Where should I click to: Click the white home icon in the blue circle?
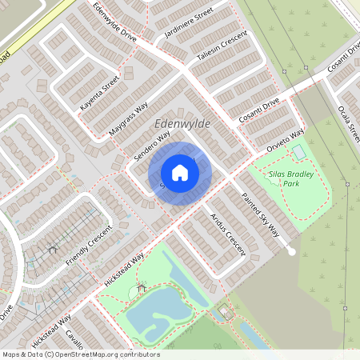click(180, 173)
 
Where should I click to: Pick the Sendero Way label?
click(152, 146)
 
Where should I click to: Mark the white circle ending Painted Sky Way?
click(291, 251)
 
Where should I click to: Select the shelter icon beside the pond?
click(142, 287)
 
